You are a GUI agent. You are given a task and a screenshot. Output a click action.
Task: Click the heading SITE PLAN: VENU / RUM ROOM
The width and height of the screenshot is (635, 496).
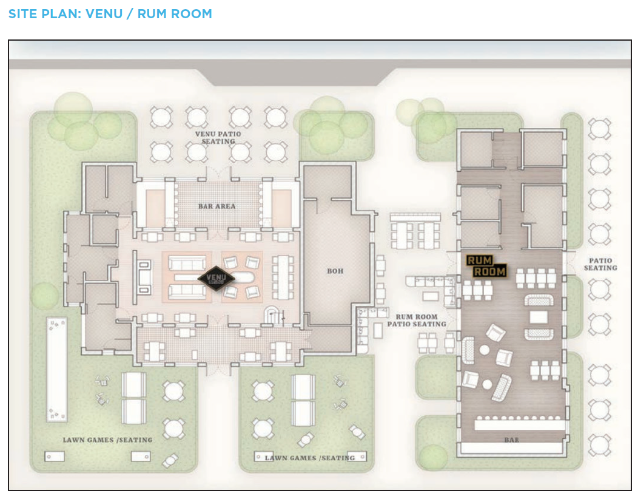[x=110, y=13]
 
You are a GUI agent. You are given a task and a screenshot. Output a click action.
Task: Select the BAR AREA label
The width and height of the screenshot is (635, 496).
[x=217, y=206]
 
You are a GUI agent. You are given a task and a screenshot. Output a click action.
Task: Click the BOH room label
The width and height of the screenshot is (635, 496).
[x=335, y=271]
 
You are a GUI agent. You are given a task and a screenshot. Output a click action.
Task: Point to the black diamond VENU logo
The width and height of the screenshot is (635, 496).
[x=217, y=280]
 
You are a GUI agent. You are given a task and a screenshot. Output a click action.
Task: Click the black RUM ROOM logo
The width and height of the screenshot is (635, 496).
[x=486, y=266]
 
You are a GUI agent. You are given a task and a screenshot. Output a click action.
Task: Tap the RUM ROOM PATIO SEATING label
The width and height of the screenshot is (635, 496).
[x=420, y=321]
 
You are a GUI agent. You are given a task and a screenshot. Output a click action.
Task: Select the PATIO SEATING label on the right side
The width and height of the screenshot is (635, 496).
[x=600, y=264]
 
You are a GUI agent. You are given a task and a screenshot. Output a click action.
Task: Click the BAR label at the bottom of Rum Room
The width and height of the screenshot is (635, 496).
[x=511, y=440]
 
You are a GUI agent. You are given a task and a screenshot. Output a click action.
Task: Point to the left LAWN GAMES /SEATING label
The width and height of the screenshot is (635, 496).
[x=107, y=440]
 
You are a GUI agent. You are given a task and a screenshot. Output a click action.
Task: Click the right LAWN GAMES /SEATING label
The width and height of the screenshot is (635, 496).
[x=309, y=457]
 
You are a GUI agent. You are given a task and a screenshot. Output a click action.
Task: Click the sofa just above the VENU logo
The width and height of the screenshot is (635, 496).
[x=187, y=263]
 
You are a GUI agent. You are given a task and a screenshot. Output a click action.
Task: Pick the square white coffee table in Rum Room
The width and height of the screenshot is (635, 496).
[x=539, y=317]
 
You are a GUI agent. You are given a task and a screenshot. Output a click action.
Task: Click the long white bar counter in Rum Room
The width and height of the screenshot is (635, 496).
[x=520, y=425]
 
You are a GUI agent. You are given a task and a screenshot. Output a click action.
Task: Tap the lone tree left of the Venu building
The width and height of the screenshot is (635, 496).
[x=45, y=296]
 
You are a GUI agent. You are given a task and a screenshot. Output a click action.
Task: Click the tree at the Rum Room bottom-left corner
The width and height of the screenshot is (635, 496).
[x=433, y=457]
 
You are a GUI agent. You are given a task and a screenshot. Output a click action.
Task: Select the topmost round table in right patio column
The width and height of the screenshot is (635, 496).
[x=599, y=129]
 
